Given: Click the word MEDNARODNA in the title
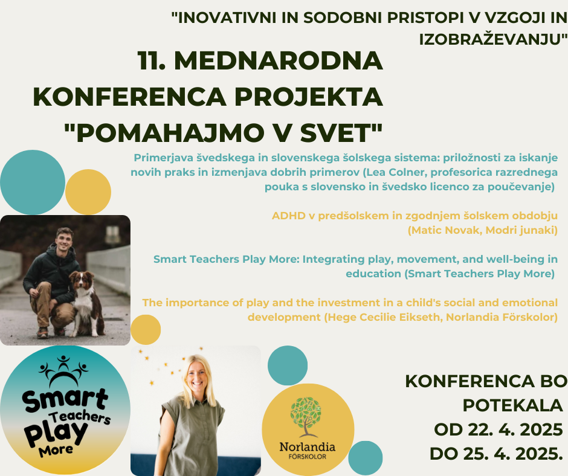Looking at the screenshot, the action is (x=278, y=60).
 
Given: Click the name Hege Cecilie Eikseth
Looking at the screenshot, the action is (x=384, y=317).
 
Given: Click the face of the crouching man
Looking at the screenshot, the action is (x=64, y=240).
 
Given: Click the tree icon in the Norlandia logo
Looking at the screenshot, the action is (x=306, y=416).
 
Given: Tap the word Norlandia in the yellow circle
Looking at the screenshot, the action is (x=307, y=446).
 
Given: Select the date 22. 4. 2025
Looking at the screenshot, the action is (x=515, y=429).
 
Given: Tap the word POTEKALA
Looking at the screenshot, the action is (x=512, y=405).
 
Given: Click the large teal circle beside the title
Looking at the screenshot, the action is (x=33, y=182).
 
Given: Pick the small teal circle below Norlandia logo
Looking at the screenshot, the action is (x=366, y=458).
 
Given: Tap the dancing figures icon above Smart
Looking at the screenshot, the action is (x=64, y=371).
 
